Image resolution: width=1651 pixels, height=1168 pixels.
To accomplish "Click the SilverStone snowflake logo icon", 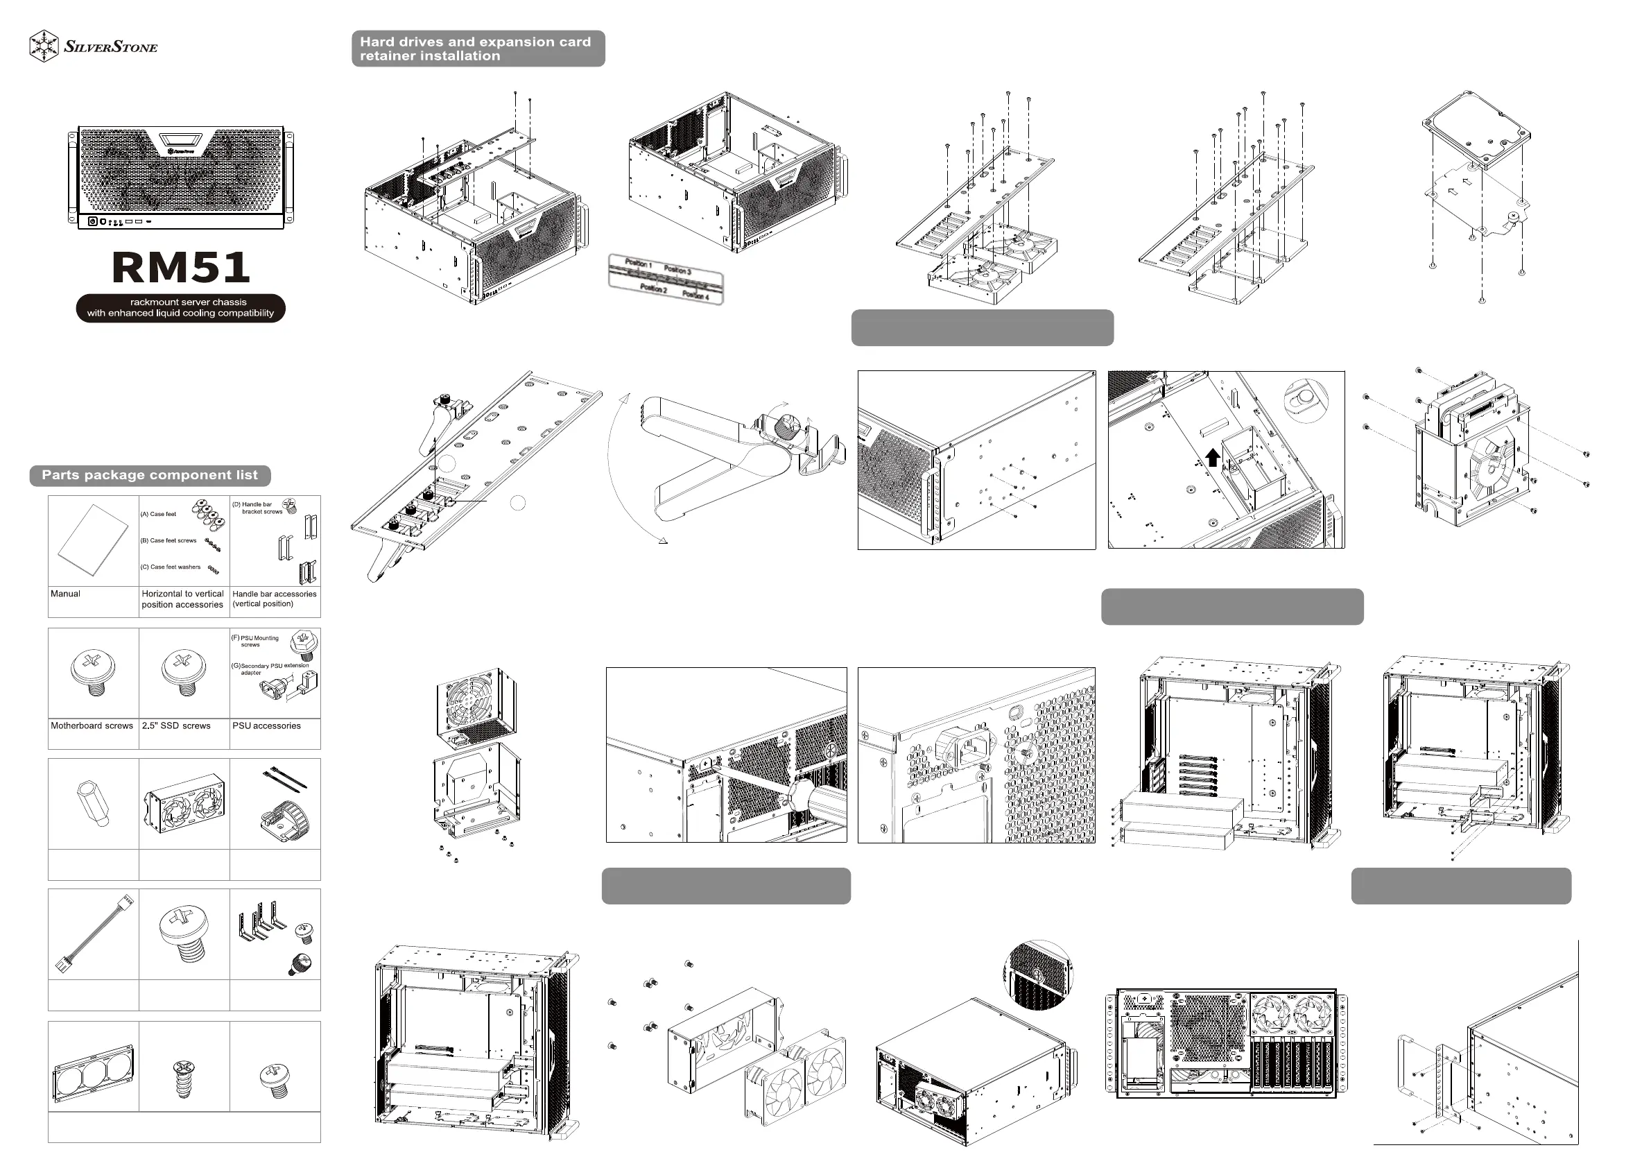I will pos(44,46).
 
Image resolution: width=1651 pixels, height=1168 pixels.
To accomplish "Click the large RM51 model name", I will pos(181,268).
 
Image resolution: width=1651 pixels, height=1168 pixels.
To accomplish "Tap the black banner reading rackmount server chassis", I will pos(181,308).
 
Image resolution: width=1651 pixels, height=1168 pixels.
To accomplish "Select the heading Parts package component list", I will pos(150,475).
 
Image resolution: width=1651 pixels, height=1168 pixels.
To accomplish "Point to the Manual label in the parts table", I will pos(65,594).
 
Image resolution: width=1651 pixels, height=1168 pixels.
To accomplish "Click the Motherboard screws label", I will pos(92,726).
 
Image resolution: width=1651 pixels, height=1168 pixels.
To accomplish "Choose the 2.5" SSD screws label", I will pos(176,726).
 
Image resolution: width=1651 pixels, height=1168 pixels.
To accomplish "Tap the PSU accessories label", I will pos(267,726).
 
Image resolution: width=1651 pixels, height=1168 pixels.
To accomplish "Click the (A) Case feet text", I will pos(158,514).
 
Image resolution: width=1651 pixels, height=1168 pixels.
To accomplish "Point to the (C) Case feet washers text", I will pos(171,567).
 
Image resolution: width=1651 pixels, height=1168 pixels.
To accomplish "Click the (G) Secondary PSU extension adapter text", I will pos(270,669).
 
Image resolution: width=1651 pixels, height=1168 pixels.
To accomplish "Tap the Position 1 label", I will pos(638,264).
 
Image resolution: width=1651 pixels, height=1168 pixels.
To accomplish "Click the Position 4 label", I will pos(695,295).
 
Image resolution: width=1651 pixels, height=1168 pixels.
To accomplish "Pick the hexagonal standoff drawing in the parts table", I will pos(93,803).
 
